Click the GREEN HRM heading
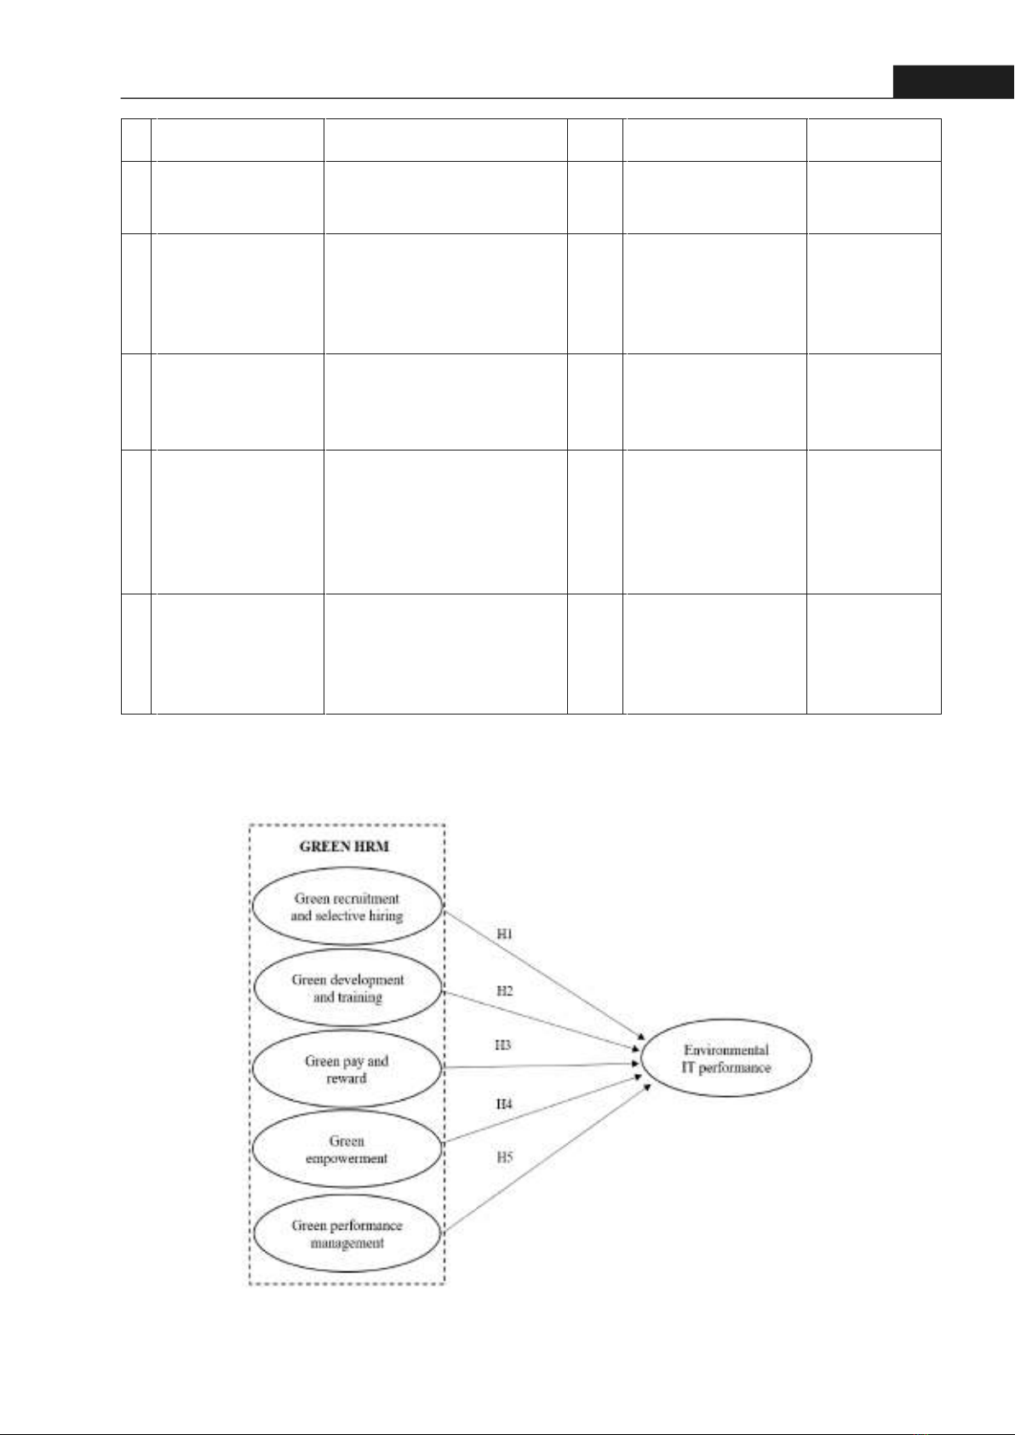(344, 847)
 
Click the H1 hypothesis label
(505, 934)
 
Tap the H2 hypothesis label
(505, 991)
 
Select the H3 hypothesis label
(502, 1045)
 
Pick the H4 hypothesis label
(505, 1104)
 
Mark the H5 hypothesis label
(505, 1157)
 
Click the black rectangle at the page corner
(954, 82)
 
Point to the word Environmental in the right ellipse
(726, 1050)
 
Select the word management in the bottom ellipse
(347, 1243)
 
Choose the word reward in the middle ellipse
(347, 1078)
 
